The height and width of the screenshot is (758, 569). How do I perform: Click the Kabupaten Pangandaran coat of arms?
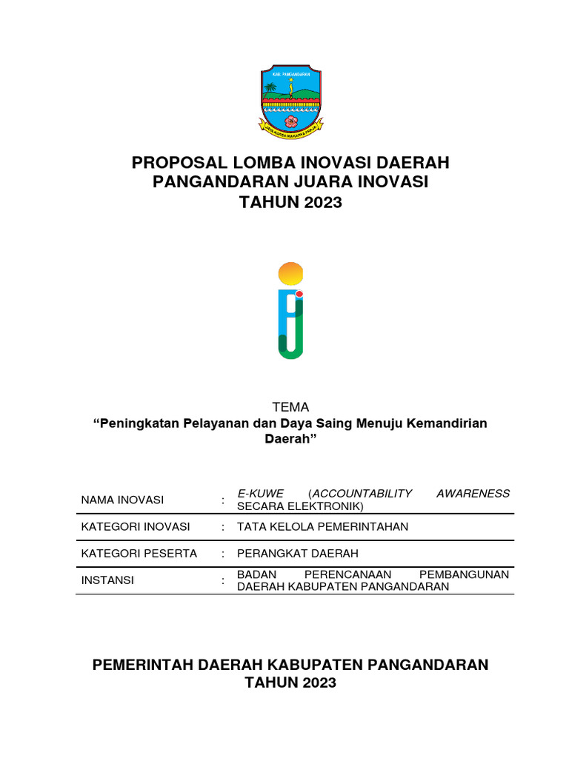click(x=290, y=101)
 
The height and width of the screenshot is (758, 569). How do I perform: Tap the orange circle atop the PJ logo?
click(x=290, y=275)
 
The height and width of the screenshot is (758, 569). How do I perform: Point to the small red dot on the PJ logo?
click(x=299, y=294)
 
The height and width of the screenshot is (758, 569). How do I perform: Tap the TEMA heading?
click(x=290, y=407)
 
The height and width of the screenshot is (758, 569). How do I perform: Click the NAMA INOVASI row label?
click(x=122, y=500)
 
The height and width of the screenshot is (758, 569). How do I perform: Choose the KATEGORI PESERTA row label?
click(x=139, y=554)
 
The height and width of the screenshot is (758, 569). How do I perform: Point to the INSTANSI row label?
click(x=107, y=580)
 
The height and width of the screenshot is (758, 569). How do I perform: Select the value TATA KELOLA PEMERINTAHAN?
click(x=322, y=527)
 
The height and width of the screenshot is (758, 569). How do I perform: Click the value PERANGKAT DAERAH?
click(x=297, y=554)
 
